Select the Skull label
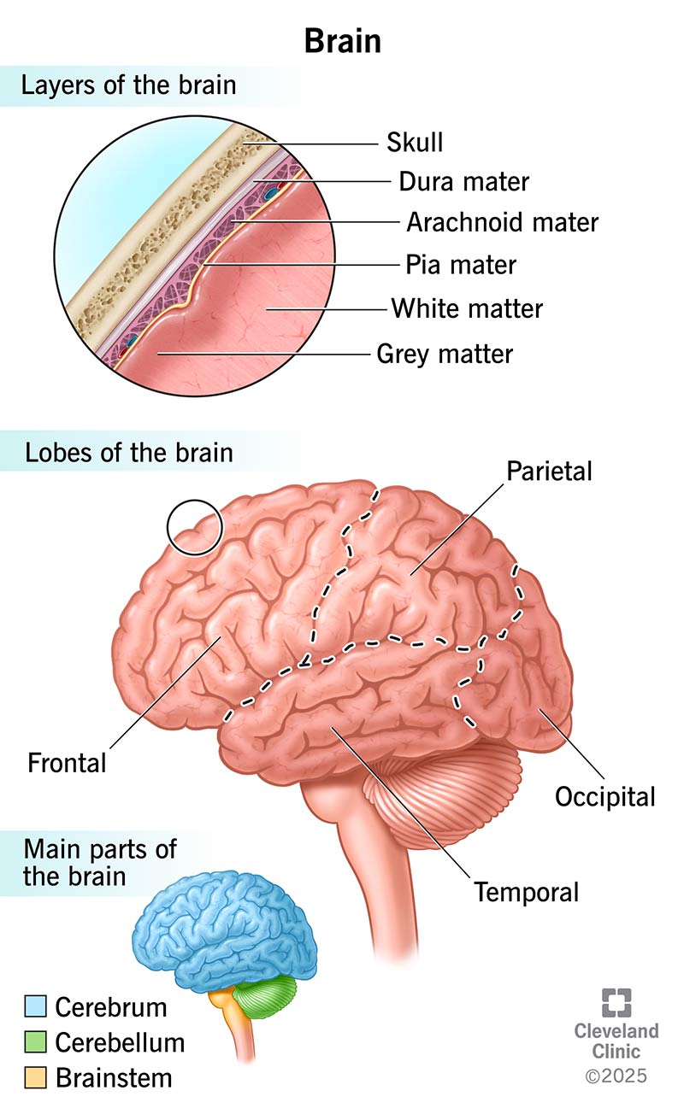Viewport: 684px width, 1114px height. (415, 142)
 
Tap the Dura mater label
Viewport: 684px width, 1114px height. (464, 182)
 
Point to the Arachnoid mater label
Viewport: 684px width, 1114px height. (502, 223)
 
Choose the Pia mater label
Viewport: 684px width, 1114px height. (461, 265)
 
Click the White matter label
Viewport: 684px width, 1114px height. (467, 308)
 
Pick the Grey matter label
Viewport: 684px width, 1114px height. (445, 353)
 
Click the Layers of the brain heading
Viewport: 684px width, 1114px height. (129, 85)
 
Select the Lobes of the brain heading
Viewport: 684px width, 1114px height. (129, 452)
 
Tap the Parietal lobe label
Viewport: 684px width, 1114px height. (549, 471)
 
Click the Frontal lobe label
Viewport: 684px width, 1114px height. (68, 761)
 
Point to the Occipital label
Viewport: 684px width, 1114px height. (605, 796)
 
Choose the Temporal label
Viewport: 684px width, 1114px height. (527, 892)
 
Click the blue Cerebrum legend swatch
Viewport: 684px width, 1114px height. (36, 1006)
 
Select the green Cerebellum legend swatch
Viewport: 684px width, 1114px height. (36, 1042)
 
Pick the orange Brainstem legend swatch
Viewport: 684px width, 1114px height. (36, 1077)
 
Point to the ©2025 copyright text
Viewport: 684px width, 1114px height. (616, 1075)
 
